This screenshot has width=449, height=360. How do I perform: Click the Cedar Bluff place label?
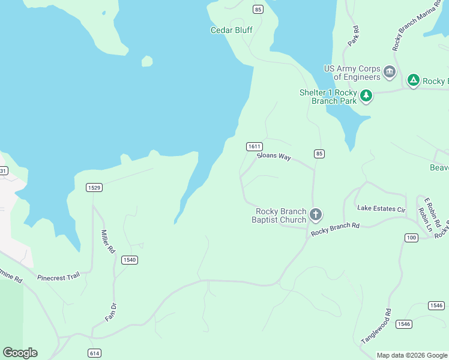pyautogui.click(x=231, y=30)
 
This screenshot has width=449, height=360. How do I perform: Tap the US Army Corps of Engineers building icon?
pyautogui.click(x=390, y=73)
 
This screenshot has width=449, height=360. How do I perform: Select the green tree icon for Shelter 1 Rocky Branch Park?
pyautogui.click(x=366, y=95)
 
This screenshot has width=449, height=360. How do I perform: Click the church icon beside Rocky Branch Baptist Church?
pyautogui.click(x=316, y=214)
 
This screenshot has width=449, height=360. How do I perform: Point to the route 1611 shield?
pyautogui.click(x=254, y=146)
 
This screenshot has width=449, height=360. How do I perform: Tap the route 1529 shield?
pyautogui.click(x=94, y=188)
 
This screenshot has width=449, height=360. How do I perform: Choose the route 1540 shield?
pyautogui.click(x=129, y=260)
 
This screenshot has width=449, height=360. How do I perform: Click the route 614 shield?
pyautogui.click(x=94, y=353)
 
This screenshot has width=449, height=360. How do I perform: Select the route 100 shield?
pyautogui.click(x=411, y=238)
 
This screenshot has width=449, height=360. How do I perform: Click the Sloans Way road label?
pyautogui.click(x=274, y=157)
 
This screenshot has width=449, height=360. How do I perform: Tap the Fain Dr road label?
pyautogui.click(x=111, y=311)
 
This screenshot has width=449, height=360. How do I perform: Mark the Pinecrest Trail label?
pyautogui.click(x=58, y=277)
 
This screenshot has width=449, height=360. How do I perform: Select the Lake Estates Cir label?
pyautogui.click(x=381, y=208)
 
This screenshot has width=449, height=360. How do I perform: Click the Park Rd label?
pyautogui.click(x=354, y=36)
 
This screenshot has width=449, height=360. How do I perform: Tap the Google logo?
pyautogui.click(x=20, y=353)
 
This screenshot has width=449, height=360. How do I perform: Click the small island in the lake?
pyautogui.click(x=146, y=61)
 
